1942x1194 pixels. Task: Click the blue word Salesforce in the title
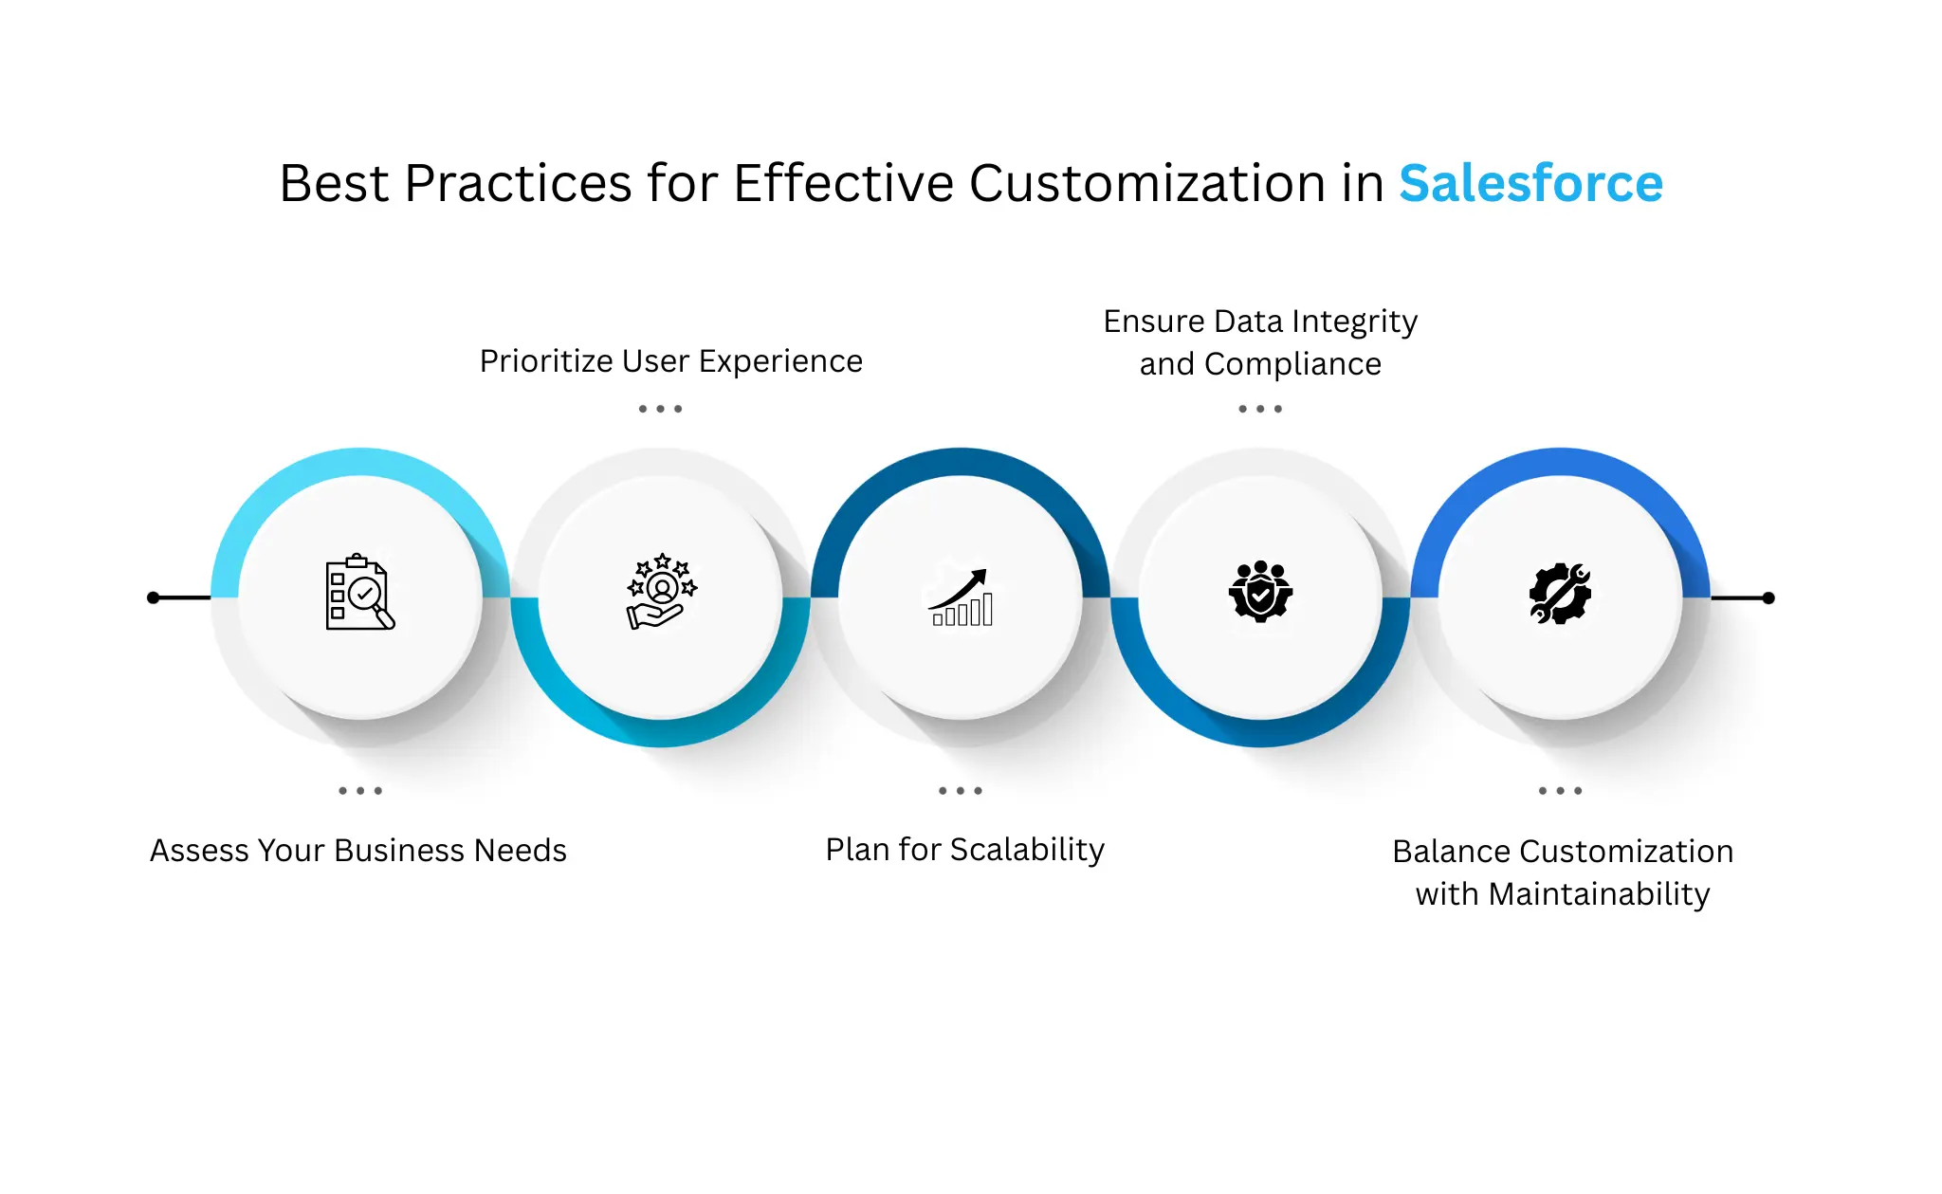1530,183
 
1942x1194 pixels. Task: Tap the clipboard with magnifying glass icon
359,592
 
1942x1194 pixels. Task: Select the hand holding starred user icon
661,591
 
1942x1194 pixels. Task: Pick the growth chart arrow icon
961,597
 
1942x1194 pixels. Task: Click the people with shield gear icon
1260,591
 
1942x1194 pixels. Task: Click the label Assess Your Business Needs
358,851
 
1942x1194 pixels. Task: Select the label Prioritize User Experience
670,361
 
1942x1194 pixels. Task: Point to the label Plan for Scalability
964,850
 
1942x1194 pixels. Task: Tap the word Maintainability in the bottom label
1599,894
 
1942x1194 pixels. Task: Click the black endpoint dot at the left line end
154,597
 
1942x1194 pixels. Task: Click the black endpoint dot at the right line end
1768,597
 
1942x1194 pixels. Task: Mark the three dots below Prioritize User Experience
660,409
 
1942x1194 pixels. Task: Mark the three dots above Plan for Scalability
961,790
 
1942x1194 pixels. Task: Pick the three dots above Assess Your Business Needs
360,790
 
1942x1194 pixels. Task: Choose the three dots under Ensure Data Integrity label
1260,409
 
